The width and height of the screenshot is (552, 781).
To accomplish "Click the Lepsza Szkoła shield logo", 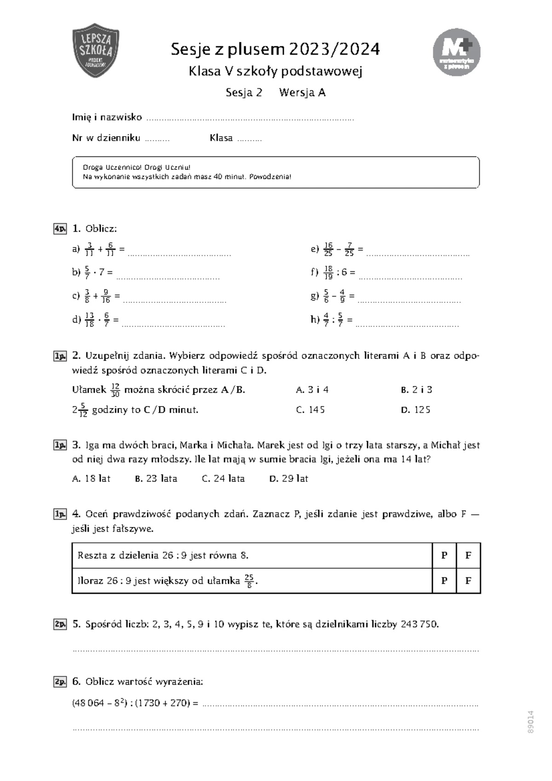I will point(96,50).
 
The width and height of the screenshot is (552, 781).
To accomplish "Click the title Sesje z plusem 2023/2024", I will point(275,49).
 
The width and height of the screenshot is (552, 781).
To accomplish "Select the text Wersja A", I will point(302,92).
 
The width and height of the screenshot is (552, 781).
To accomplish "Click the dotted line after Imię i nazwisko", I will point(250,119).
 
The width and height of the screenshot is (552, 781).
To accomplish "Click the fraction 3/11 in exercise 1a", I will point(89,249).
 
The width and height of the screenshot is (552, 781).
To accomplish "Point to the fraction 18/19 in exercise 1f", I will point(328,272).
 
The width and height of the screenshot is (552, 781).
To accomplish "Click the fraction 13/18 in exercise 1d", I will point(90,319).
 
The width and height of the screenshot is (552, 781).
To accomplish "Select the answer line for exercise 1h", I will point(407,325).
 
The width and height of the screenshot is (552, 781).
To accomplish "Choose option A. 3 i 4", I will point(312,390).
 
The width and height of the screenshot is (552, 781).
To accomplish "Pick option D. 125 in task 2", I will point(415,409).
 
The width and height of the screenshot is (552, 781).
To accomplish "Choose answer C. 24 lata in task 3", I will point(223,478).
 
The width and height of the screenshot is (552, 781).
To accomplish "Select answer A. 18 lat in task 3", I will point(91,478).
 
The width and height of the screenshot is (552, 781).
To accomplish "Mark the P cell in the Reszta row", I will point(444,555).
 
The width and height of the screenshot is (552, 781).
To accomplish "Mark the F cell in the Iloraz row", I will point(468,580).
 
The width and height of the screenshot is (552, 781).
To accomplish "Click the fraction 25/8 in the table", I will point(249,581).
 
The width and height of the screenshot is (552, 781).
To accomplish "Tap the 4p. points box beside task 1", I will point(60,229).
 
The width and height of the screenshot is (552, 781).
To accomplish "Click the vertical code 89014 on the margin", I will point(530,721).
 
